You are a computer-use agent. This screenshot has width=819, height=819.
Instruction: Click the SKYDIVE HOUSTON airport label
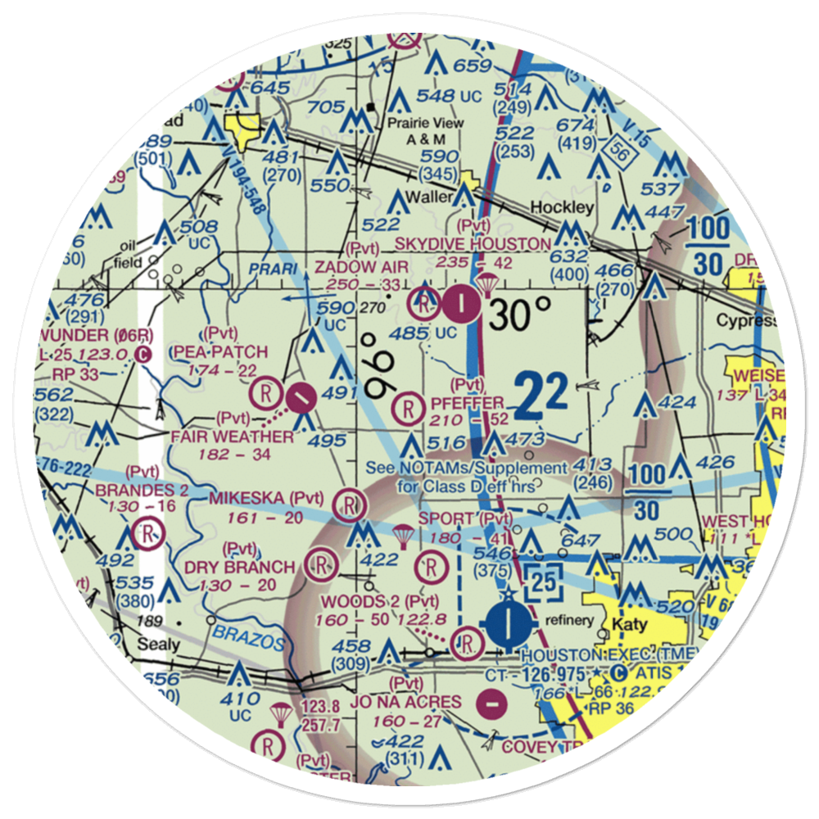[x=473, y=244]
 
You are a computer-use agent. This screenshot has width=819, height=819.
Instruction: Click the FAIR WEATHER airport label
[x=232, y=437]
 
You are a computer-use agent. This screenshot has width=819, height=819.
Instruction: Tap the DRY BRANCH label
[x=239, y=567]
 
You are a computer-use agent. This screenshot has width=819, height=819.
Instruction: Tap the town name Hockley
[x=561, y=207]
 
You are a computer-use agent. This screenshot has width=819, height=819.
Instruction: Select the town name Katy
[x=631, y=625]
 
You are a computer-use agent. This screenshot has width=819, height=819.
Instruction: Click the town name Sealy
[x=159, y=644]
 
